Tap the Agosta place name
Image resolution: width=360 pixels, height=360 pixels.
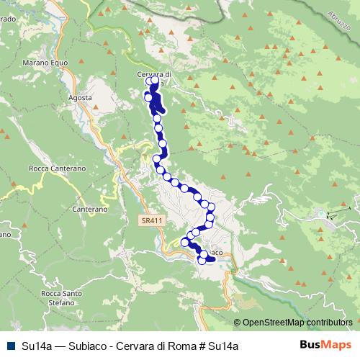81,97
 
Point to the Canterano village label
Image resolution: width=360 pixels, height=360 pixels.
90,209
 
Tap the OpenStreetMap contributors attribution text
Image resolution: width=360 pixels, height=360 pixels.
297,323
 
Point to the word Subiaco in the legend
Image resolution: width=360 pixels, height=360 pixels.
80,346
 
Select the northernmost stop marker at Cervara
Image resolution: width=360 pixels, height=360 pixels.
150,81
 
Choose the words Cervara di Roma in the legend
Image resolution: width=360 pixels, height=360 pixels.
145,346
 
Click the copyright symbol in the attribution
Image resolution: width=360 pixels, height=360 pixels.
237,323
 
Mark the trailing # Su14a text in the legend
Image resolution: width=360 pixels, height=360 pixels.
210,346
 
